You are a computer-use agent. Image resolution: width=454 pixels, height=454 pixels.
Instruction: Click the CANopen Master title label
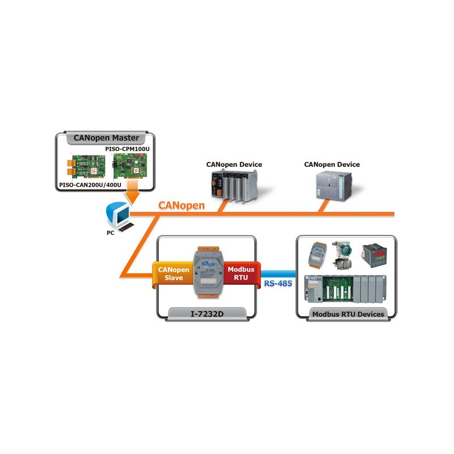pos(106,137)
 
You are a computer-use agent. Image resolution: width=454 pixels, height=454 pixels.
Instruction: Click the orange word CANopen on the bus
pos(181,205)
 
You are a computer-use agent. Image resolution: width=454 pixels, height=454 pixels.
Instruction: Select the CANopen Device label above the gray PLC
pos(331,165)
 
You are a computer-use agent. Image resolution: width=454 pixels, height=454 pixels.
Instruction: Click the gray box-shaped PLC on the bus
pos(333,184)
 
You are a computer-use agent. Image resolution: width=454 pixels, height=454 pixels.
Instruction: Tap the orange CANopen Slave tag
pos(170,274)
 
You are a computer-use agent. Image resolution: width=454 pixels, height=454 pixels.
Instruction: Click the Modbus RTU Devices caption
pos(348,314)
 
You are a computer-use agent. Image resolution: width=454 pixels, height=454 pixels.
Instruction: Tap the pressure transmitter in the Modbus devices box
pos(342,253)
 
